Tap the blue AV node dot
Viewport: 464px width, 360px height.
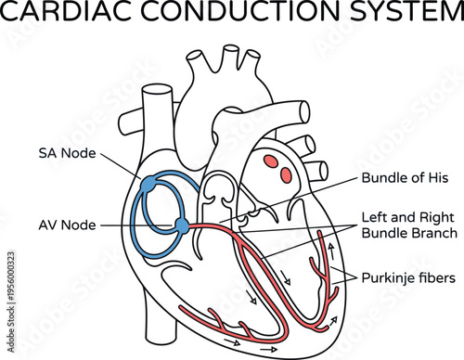(182, 225)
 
